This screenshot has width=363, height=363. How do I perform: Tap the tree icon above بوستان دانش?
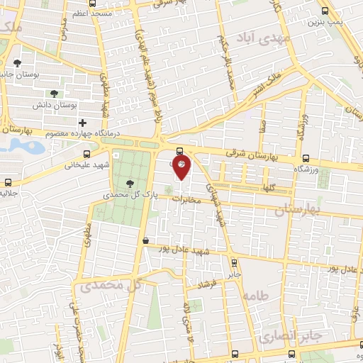point(54,93)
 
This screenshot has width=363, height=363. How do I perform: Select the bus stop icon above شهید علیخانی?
point(86,153)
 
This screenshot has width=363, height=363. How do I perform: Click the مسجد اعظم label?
point(91,13)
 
